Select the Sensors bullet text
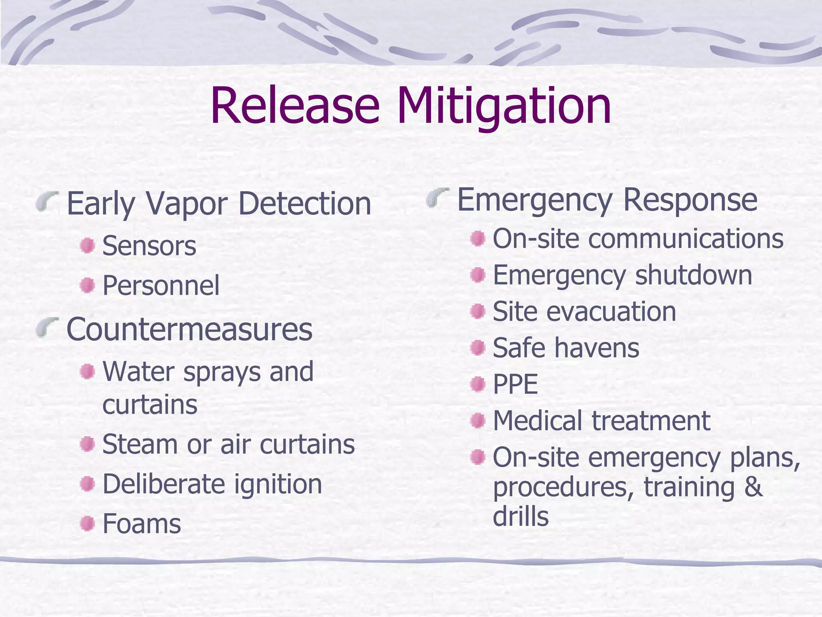[x=149, y=246]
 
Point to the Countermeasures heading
[x=189, y=329]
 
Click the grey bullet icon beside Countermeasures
[x=47, y=327]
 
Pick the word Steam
[x=140, y=444]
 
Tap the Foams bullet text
[x=142, y=524]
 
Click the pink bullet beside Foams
[x=87, y=523]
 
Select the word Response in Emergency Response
[x=690, y=200]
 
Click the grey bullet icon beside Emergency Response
[x=437, y=198]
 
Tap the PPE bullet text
[x=515, y=384]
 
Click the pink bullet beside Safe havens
[x=478, y=347]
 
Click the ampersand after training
[x=753, y=487]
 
